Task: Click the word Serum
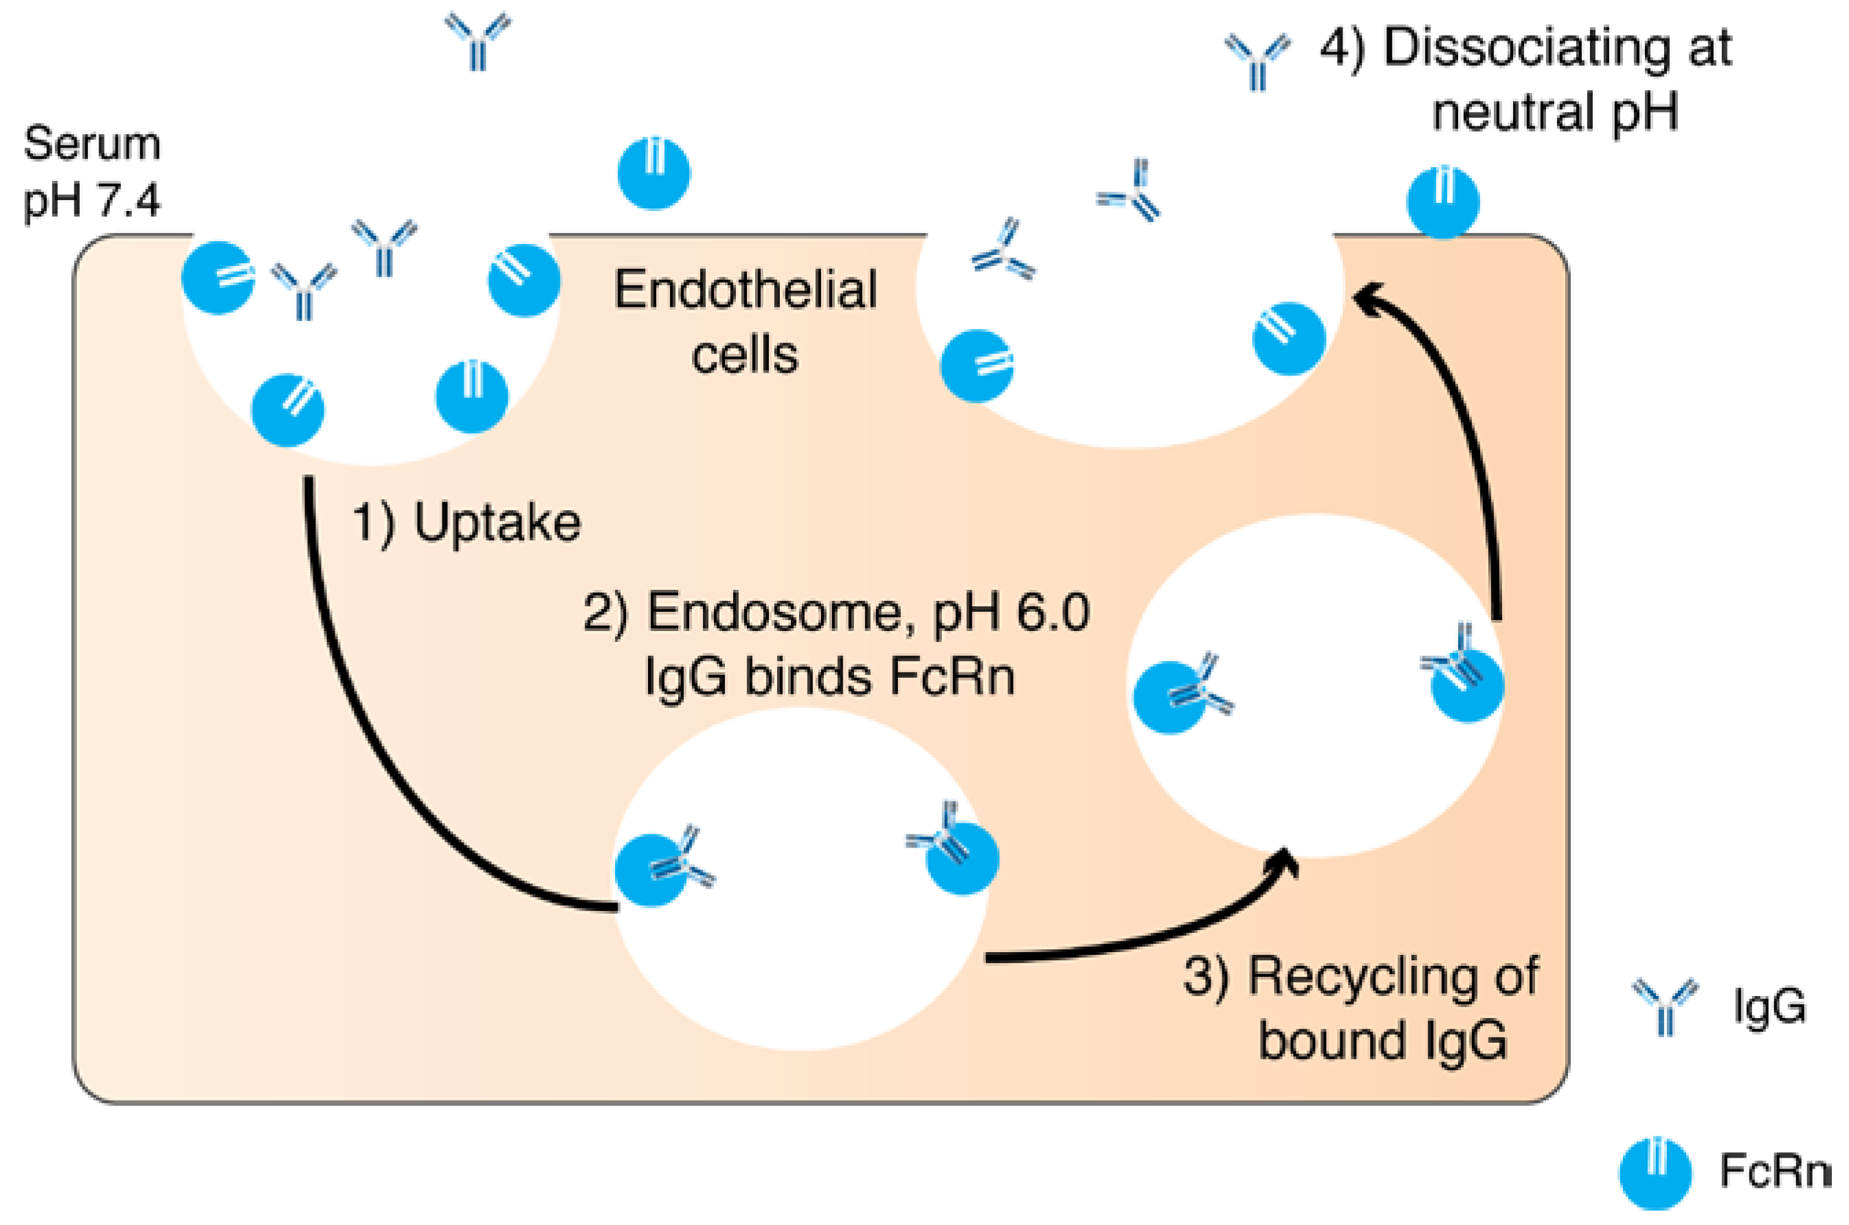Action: click(x=92, y=144)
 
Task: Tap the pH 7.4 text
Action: click(x=92, y=200)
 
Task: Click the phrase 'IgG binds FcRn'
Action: click(x=829, y=676)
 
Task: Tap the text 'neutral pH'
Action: click(x=1555, y=111)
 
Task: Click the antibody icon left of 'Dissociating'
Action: click(x=1257, y=61)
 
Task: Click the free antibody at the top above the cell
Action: click(x=478, y=41)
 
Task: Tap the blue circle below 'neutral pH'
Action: click(x=1443, y=201)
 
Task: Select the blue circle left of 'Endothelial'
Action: click(x=524, y=280)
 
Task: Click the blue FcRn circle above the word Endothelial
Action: click(x=653, y=173)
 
